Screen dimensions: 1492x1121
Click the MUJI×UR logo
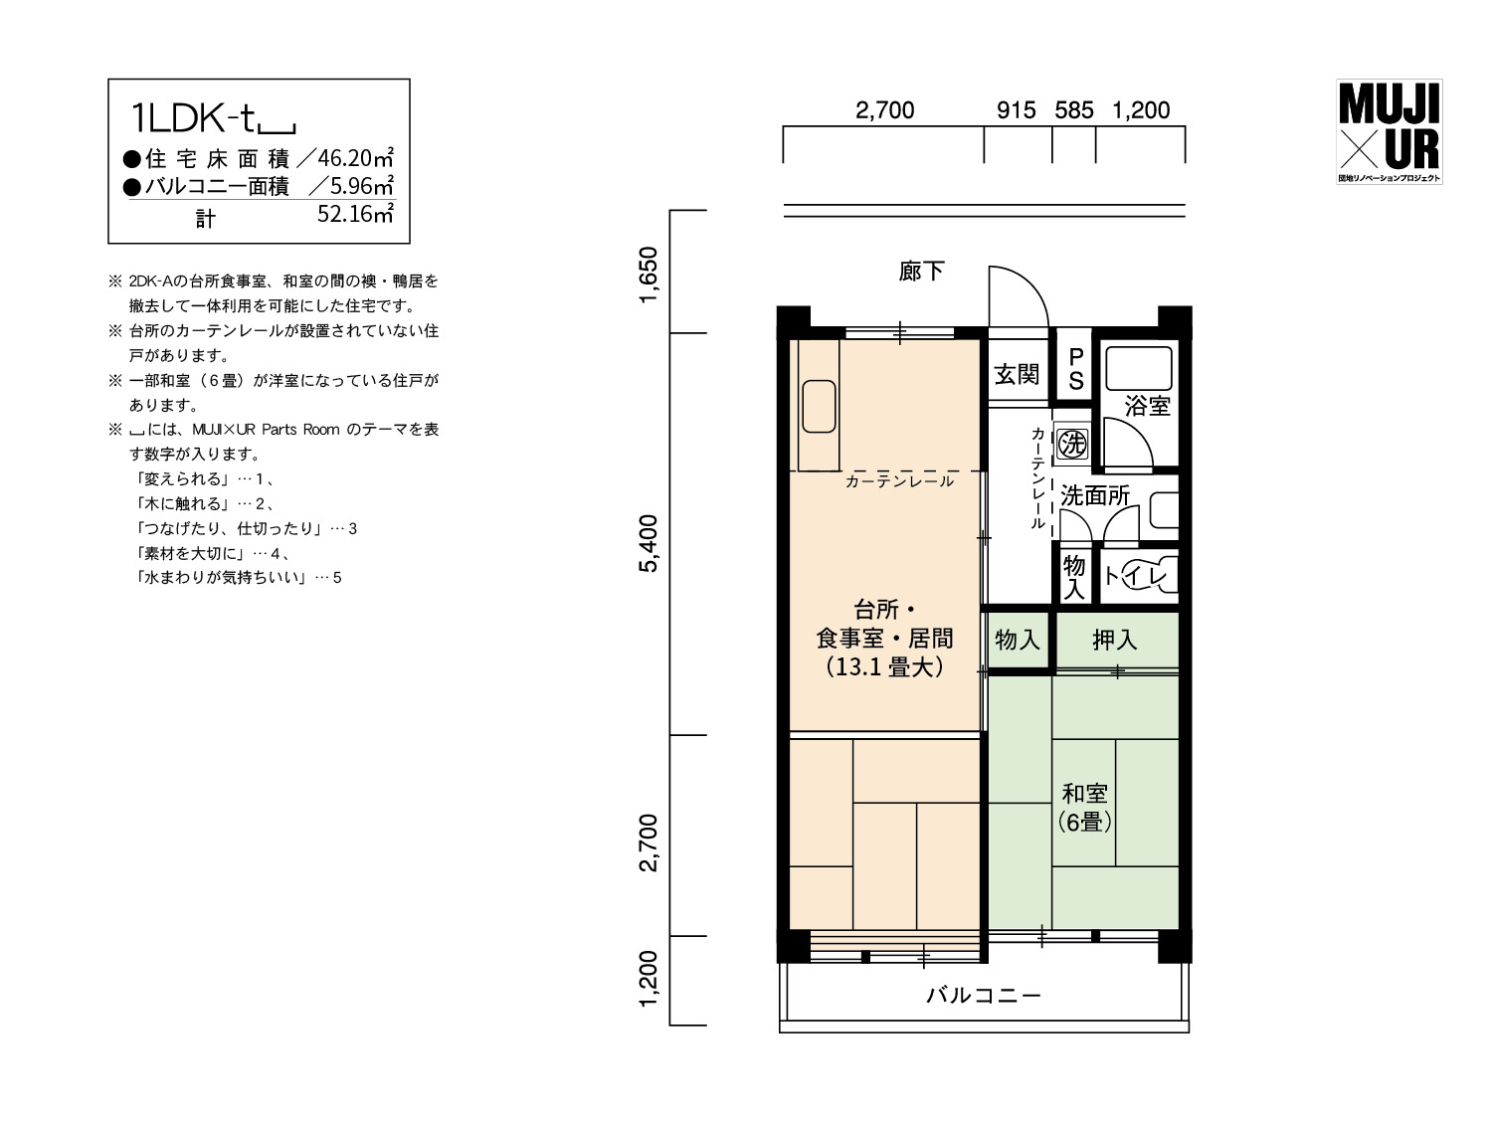[1389, 132]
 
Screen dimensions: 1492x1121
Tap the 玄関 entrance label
[1017, 374]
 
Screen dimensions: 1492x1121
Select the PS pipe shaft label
[1075, 369]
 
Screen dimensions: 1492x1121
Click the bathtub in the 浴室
[1139, 368]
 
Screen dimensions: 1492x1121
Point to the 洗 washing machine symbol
[1072, 444]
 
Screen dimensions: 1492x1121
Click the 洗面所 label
[1095, 495]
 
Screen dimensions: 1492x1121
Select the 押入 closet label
[1115, 640]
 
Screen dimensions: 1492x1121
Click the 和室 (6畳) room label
[1085, 808]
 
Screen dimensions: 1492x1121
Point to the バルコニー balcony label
[984, 996]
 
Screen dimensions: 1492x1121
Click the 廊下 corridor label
[922, 272]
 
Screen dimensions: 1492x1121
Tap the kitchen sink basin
[819, 406]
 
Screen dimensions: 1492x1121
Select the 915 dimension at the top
[1017, 110]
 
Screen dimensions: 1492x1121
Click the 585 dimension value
[1074, 110]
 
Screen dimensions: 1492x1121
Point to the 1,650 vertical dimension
[649, 274]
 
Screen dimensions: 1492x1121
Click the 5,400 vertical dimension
[649, 543]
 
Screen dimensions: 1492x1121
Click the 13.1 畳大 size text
[884, 666]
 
